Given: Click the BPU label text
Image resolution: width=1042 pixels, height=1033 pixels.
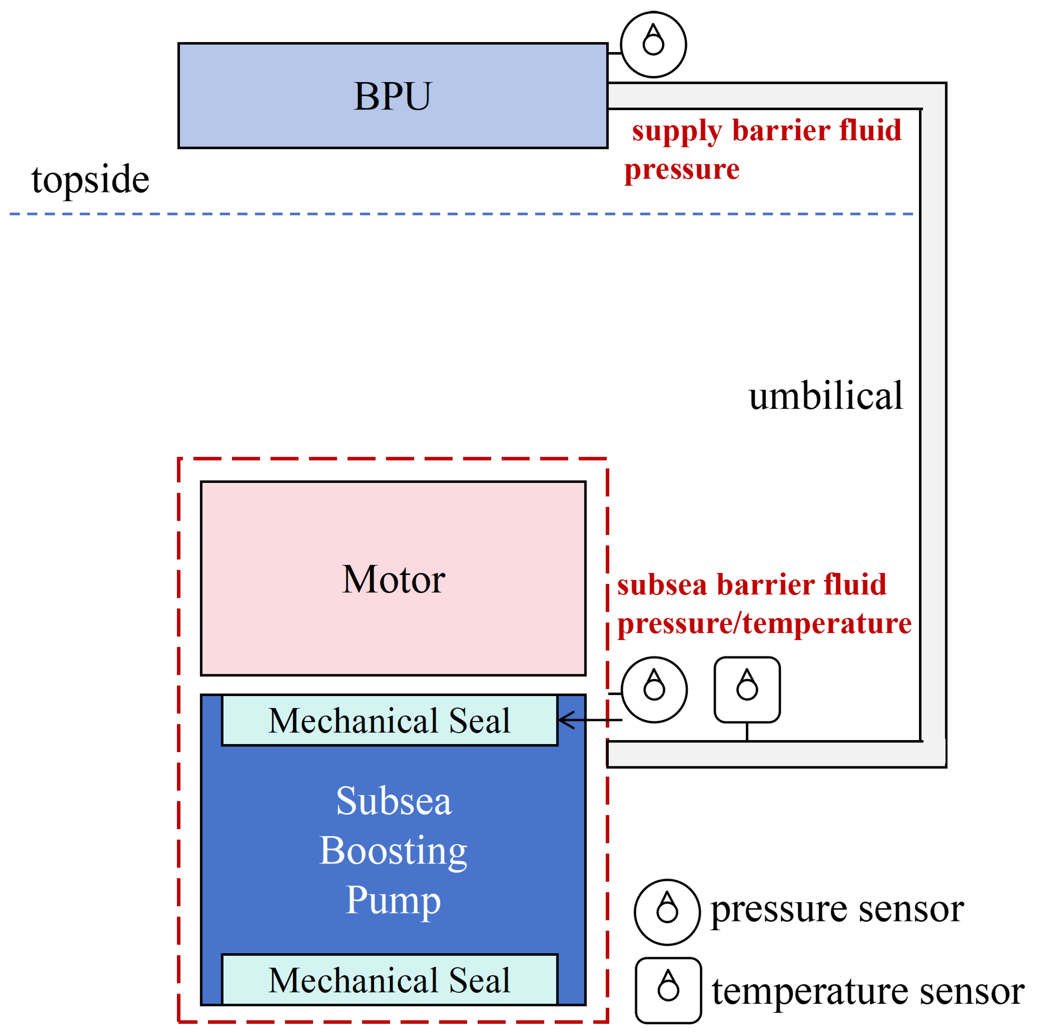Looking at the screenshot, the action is coord(393,96).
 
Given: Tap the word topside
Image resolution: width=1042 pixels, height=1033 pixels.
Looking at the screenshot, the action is coord(90,180).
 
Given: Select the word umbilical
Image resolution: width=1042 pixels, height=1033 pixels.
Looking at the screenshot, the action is coord(826,396).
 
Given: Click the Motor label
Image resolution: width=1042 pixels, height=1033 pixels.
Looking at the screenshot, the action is coord(394,579).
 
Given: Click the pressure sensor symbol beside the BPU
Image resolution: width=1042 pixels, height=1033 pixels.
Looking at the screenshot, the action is coord(653,45).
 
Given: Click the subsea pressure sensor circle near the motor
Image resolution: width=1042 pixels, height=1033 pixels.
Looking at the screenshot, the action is coord(654,690).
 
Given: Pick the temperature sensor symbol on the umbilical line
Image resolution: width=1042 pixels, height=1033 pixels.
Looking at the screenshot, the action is coord(747,690).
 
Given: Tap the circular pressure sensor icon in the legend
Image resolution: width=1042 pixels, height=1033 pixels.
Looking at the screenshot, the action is coord(667,912).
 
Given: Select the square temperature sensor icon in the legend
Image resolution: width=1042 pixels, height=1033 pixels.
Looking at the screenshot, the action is coord(668,991).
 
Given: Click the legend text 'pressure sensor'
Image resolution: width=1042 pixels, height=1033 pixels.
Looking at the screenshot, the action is coord(837,911).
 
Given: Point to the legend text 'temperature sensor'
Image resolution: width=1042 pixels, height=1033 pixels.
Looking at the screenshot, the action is coord(868,992).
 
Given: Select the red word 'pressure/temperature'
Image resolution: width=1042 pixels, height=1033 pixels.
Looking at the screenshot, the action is coord(764,624).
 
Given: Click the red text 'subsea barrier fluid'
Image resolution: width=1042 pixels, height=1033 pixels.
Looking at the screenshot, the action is coord(751,585).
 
